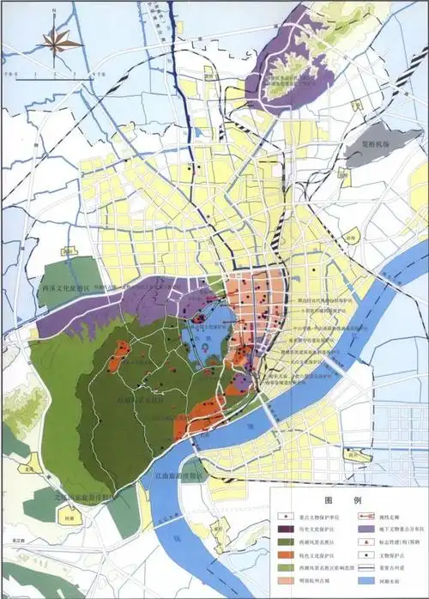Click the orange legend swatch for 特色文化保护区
(x=286, y=556)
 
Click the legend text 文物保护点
(x=394, y=556)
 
